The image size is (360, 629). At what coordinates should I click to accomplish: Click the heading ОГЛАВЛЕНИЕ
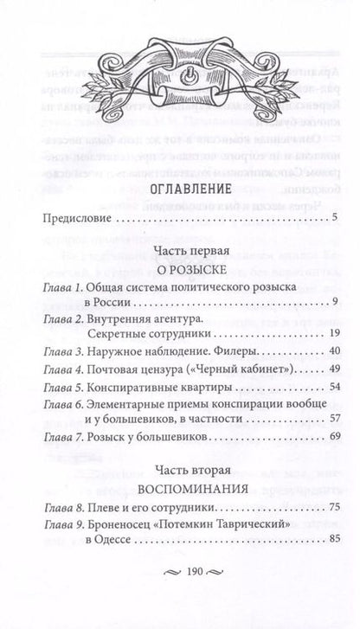pos(179,212)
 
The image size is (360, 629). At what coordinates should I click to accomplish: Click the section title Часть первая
pos(179,274)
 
